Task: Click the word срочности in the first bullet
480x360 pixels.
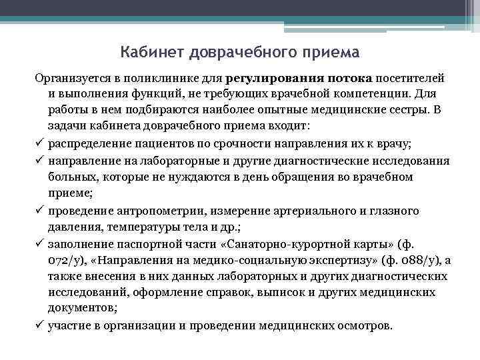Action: tap(257, 143)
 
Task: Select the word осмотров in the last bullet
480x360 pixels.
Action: tap(365, 327)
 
